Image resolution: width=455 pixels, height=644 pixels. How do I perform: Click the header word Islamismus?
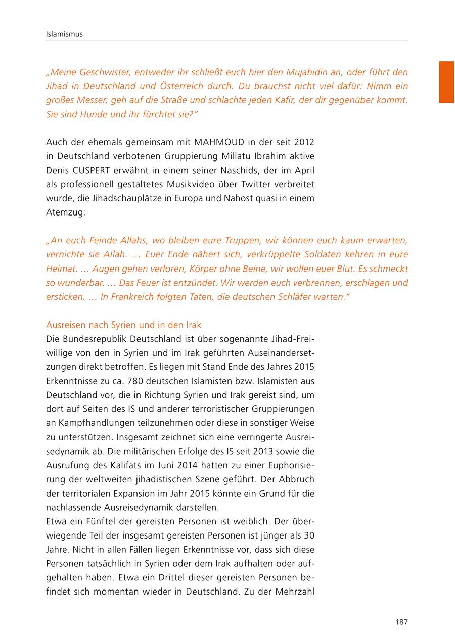click(x=64, y=34)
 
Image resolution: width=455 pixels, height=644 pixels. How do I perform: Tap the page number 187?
click(x=401, y=622)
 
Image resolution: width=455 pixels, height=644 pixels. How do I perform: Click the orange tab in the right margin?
click(x=446, y=82)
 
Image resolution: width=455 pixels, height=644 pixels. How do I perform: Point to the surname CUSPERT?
click(x=93, y=169)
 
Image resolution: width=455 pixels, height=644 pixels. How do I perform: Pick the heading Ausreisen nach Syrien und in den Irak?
click(x=123, y=325)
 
